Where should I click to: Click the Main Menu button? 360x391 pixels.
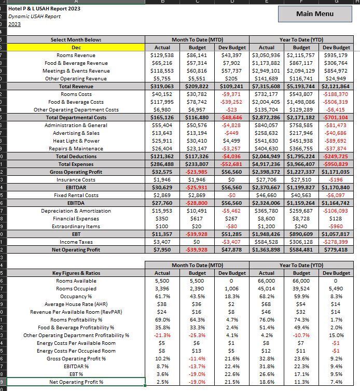315,13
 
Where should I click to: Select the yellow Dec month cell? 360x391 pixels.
76,47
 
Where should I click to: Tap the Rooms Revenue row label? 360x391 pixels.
76,55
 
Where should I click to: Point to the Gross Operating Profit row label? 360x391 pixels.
76,172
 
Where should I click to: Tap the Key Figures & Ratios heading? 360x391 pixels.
76,273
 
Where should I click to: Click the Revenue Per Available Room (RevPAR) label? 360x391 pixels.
76,312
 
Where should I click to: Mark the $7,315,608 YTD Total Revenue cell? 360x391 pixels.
266,86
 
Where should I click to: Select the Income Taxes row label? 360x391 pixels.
76,242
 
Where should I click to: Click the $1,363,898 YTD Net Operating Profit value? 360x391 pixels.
266,249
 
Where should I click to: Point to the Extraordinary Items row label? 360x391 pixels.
76,226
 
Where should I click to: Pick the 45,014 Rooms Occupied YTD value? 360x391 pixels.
266,288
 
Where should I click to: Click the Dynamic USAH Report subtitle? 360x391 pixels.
34,17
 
